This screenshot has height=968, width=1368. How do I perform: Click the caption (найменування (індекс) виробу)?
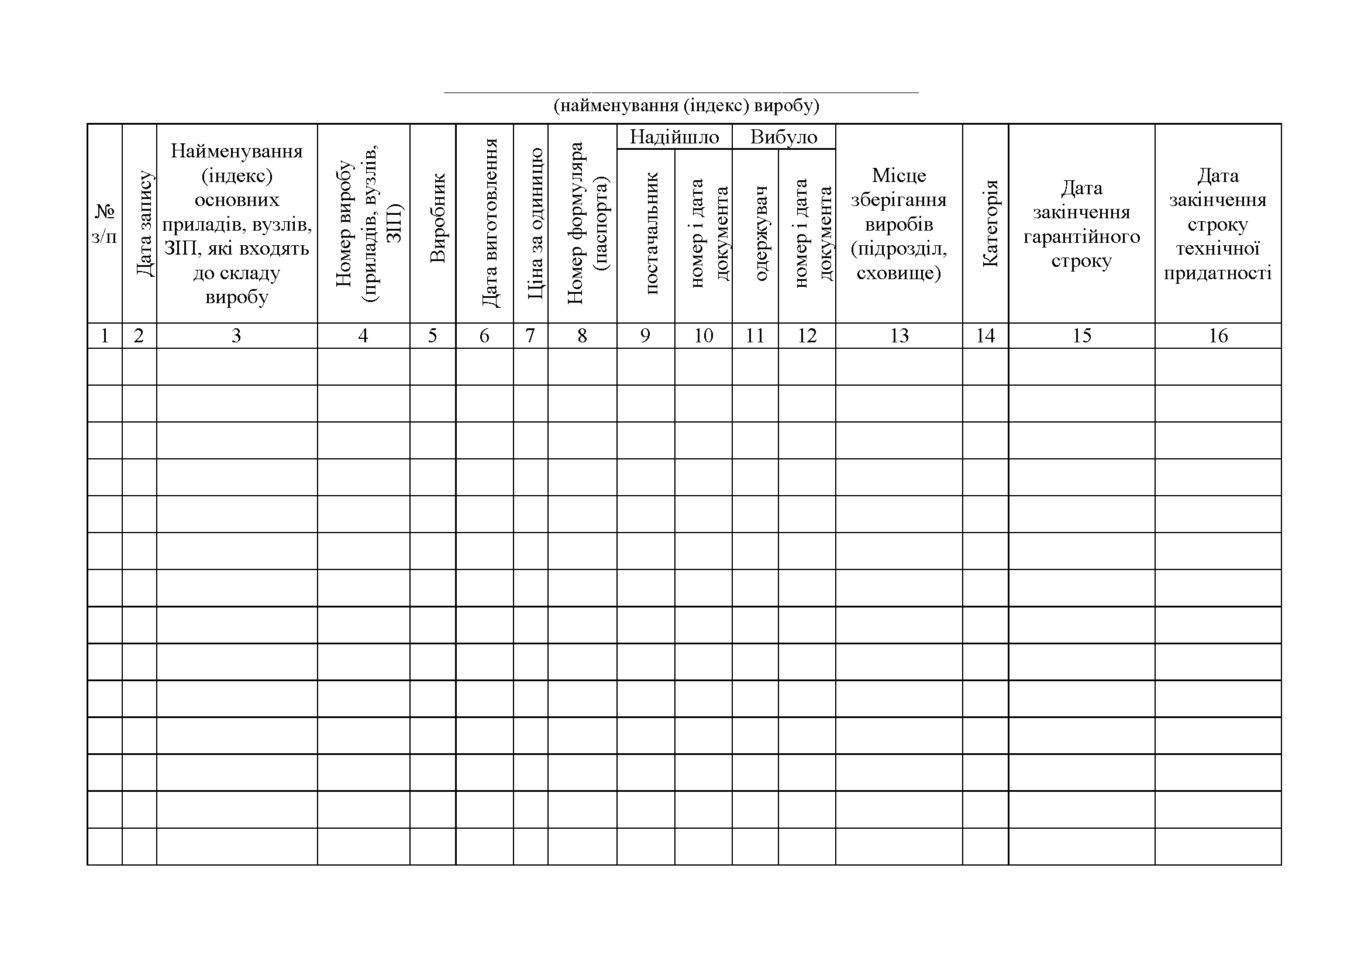[x=687, y=106]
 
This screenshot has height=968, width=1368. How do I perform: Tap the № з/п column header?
[x=104, y=224]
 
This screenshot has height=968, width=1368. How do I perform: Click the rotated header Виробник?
[x=437, y=218]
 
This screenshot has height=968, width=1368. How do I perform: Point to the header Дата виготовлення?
[x=488, y=223]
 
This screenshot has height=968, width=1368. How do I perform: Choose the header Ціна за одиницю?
[x=535, y=224]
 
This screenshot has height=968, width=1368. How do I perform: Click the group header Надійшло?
[x=674, y=137]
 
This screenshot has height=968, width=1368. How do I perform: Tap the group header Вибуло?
[x=784, y=137]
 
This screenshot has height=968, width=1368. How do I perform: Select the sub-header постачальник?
[x=650, y=233]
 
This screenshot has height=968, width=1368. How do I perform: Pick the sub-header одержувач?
[x=760, y=233]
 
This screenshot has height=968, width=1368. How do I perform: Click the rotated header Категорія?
[x=989, y=224]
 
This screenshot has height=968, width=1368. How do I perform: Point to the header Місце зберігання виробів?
[x=898, y=224]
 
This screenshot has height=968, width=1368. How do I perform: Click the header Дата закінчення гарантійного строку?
[x=1081, y=224]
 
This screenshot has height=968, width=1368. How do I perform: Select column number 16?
[x=1218, y=336]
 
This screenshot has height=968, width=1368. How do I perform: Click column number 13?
[x=899, y=336]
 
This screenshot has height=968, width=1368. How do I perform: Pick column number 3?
[x=236, y=336]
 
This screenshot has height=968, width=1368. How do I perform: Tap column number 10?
[x=703, y=336]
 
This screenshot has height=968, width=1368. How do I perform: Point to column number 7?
[x=530, y=336]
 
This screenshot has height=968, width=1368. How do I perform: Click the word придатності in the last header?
[x=1218, y=273]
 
